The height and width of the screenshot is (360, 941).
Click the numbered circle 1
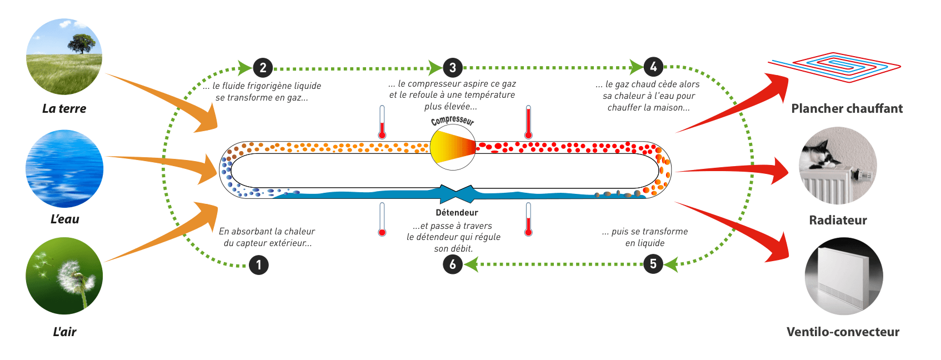259,265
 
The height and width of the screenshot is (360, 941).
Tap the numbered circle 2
263,68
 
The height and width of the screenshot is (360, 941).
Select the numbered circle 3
452,68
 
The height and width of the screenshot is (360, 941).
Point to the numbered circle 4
653,67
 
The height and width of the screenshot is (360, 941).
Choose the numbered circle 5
653,264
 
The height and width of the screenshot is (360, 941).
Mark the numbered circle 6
453,264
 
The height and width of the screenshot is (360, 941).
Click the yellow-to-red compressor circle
453,147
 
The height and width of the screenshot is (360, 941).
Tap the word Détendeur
457,213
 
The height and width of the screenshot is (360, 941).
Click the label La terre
64,108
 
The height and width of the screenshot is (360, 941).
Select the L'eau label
64,219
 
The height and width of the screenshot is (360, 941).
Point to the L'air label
64,332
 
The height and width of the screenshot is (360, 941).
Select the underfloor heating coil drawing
834,67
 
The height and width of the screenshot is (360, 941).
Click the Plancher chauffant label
847,109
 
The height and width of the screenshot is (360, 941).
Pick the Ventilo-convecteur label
843,332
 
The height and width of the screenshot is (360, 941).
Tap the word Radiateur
838,220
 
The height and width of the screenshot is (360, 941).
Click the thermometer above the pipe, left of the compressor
382,122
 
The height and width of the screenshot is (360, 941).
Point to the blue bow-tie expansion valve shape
457,194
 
